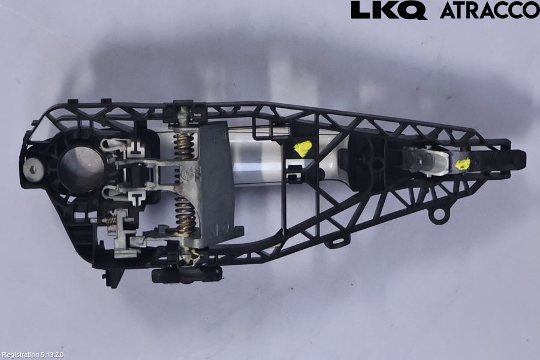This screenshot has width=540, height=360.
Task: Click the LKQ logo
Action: click(389, 10)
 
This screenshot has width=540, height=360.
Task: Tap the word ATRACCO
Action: click(490, 10)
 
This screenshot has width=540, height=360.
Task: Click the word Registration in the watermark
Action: click(20, 355)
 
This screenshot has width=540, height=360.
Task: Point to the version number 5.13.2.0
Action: click(52, 355)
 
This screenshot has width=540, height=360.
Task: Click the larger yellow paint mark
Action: click(303, 149)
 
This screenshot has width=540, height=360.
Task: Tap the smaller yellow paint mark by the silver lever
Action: click(462, 164)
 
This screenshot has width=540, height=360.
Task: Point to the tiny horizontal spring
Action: click(110, 221)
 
